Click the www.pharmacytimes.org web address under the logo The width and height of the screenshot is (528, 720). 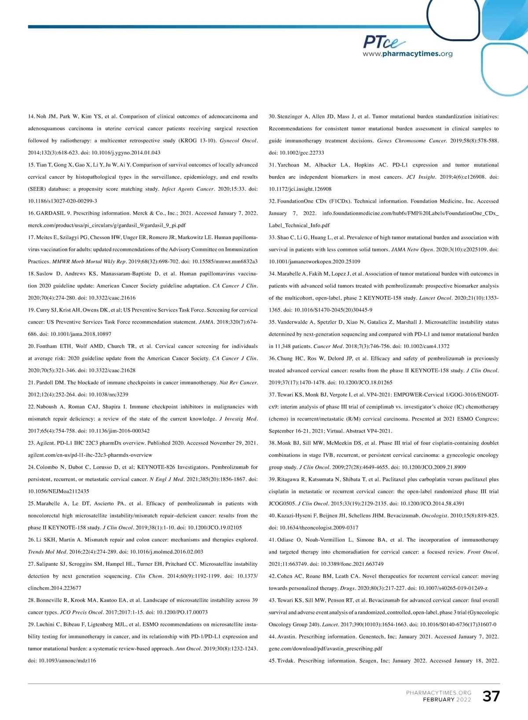pos(407,54)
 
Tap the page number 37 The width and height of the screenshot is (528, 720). pos(491,696)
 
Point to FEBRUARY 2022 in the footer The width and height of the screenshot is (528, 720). pos(447,700)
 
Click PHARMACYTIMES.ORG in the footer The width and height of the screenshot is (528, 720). pos(438,693)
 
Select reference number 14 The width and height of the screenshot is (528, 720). pos(31,116)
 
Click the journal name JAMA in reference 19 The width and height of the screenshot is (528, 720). pos(206,322)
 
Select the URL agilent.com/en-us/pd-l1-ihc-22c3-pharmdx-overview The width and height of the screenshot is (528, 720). pos(90,455)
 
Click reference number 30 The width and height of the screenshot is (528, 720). pos(272,116)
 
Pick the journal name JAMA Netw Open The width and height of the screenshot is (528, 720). pos(416,250)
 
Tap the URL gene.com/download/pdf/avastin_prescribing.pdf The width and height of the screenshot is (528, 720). pos(325,649)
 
